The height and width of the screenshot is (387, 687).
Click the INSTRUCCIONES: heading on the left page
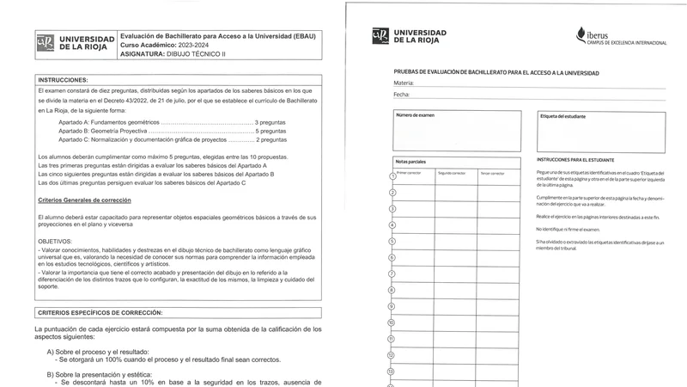pyautogui.click(x=63, y=79)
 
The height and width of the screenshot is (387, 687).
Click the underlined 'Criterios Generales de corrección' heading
pyautogui.click(x=85, y=200)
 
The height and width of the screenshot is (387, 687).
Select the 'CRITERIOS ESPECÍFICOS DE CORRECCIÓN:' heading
pyautogui.click(x=100, y=311)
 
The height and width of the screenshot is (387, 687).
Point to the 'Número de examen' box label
pyautogui.click(x=415, y=114)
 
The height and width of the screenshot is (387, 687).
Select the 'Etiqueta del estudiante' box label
pyautogui.click(x=563, y=115)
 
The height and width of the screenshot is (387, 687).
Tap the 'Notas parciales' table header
pyautogui.click(x=411, y=162)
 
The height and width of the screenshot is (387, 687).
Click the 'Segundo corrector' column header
pyautogui.click(x=452, y=173)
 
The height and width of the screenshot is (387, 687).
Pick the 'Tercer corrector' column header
pyautogui.click(x=492, y=173)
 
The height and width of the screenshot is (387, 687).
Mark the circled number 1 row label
pyautogui.click(x=392, y=176)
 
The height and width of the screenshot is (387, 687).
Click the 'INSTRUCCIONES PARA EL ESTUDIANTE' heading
pyautogui.click(x=575, y=161)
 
